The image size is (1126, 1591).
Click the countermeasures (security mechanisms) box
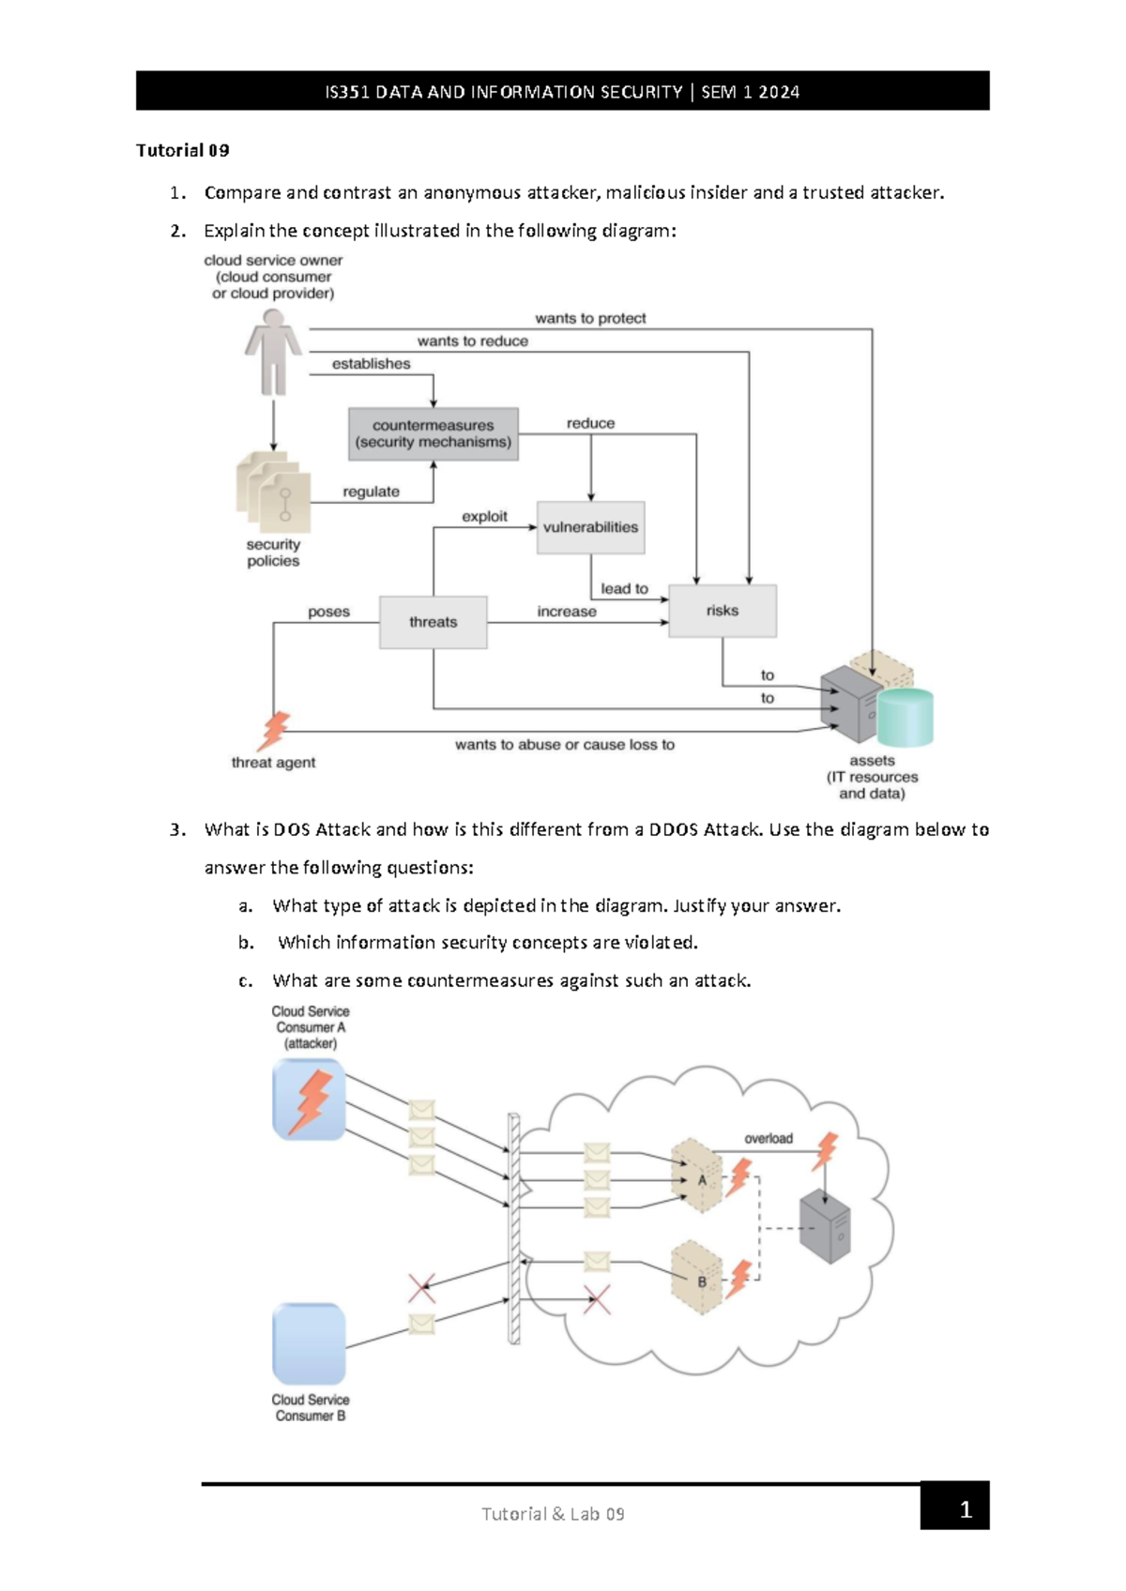point(433,434)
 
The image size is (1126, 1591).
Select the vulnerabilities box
point(590,527)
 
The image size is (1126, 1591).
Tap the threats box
point(433,622)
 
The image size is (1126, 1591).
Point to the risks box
point(722,611)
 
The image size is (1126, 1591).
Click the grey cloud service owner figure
point(273,354)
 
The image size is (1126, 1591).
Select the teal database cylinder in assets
point(906,717)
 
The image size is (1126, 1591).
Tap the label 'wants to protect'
point(590,318)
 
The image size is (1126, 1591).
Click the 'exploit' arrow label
point(484,516)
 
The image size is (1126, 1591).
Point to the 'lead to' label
point(624,588)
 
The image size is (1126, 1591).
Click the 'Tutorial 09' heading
point(183,150)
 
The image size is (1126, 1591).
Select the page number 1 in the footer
point(965,1509)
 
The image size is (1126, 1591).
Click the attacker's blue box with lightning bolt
point(309,1099)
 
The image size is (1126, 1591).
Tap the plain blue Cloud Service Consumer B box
point(309,1343)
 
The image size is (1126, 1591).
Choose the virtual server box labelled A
point(696,1176)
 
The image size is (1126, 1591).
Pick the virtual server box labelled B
point(696,1278)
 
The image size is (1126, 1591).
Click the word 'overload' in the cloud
point(768,1139)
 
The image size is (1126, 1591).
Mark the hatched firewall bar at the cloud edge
point(514,1229)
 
